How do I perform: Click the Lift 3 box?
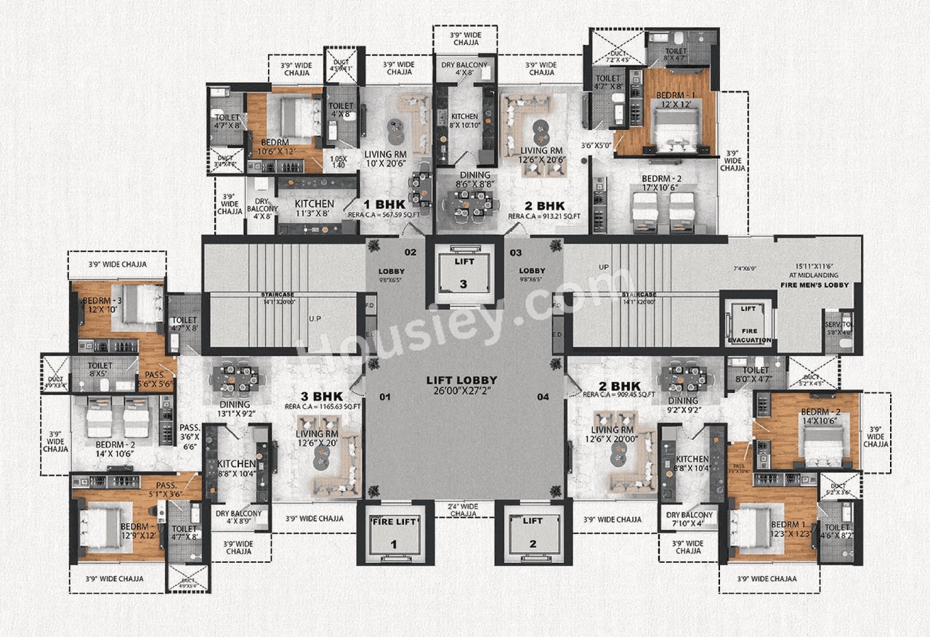click(x=464, y=274)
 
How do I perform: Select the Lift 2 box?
click(x=533, y=534)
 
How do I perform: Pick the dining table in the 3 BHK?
click(x=234, y=378)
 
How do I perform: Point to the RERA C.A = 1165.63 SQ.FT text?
click(x=323, y=407)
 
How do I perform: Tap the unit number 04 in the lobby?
click(x=543, y=397)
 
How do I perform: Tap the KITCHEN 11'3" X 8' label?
click(x=314, y=209)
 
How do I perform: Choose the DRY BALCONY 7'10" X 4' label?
click(x=690, y=520)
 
